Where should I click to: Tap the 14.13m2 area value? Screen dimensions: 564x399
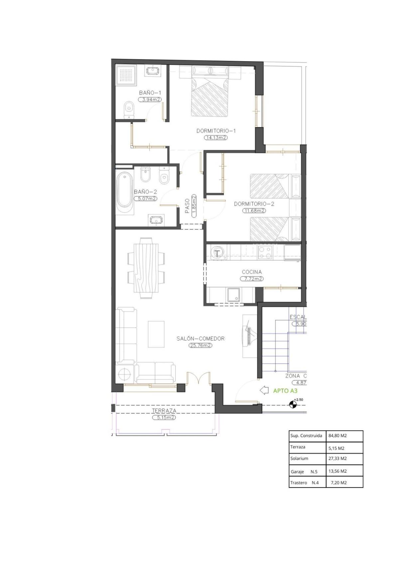[x=216, y=138]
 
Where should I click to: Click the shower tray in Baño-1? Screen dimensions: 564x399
[x=126, y=75]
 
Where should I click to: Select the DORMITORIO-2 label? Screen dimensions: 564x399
[x=254, y=204]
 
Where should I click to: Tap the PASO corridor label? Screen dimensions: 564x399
[x=187, y=206]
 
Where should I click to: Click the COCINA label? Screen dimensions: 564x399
[x=252, y=272]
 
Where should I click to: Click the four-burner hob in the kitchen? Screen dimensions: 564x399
[x=265, y=252]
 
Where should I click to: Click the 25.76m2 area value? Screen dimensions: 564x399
[x=200, y=345]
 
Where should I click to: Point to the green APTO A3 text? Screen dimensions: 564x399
[x=285, y=391]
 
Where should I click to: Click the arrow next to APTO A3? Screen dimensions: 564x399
[x=264, y=390]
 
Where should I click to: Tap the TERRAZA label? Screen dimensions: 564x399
[x=164, y=411]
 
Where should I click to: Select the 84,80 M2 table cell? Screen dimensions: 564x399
[x=337, y=436]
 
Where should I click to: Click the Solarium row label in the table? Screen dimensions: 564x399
[x=299, y=458]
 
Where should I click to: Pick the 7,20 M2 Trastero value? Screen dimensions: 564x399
[x=339, y=483]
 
